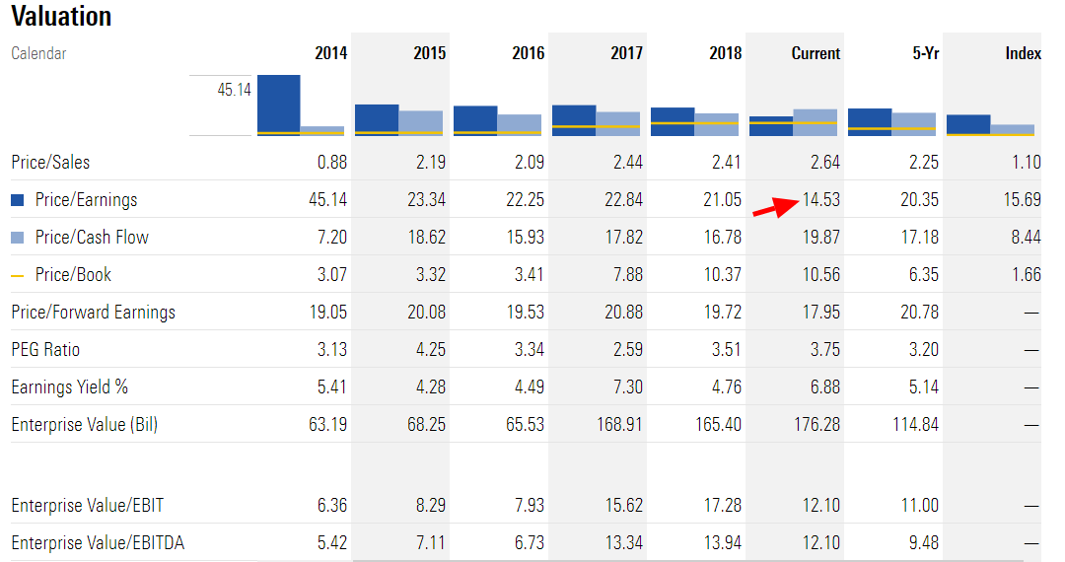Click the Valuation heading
[61, 17]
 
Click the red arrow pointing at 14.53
[774, 207]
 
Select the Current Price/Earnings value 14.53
[820, 200]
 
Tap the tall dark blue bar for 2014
[279, 104]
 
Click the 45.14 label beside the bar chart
[234, 90]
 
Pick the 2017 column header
[626, 54]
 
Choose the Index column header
[1023, 54]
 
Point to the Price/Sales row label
[50, 163]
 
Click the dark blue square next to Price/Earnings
[18, 200]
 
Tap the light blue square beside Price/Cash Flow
[18, 238]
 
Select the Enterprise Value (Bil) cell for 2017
[621, 425]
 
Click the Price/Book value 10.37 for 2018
[720, 275]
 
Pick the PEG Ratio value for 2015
[426, 350]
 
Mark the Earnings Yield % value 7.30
[625, 387]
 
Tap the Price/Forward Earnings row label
[93, 313]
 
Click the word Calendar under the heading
[38, 54]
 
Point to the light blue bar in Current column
[815, 121]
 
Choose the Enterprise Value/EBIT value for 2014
[331, 506]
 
